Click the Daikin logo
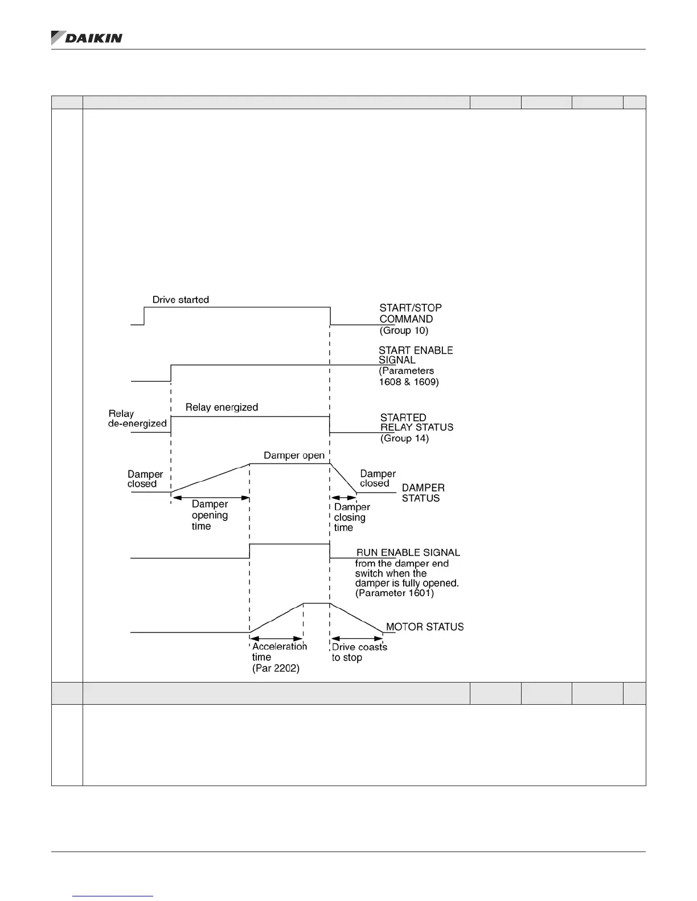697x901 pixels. coord(87,38)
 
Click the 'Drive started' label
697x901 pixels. coord(181,300)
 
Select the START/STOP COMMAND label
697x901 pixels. coord(411,313)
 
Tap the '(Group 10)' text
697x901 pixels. coord(404,330)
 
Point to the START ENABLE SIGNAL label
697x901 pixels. coord(416,355)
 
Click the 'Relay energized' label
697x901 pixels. coord(222,407)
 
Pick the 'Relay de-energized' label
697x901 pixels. coord(137,419)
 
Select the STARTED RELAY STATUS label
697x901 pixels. coord(417,422)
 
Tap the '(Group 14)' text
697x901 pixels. coord(404,439)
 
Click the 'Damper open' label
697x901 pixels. coord(294,456)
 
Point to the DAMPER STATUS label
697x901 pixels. coord(423,493)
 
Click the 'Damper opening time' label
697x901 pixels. coord(210,515)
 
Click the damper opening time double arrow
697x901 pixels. coord(211,498)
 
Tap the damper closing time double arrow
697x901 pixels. coord(344,498)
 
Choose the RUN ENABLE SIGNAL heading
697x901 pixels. coord(408,552)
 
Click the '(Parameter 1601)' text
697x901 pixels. coord(394,593)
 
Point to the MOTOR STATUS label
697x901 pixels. coord(425,627)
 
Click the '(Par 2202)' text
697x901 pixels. coord(276,669)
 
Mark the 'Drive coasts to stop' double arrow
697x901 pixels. coord(357,639)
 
